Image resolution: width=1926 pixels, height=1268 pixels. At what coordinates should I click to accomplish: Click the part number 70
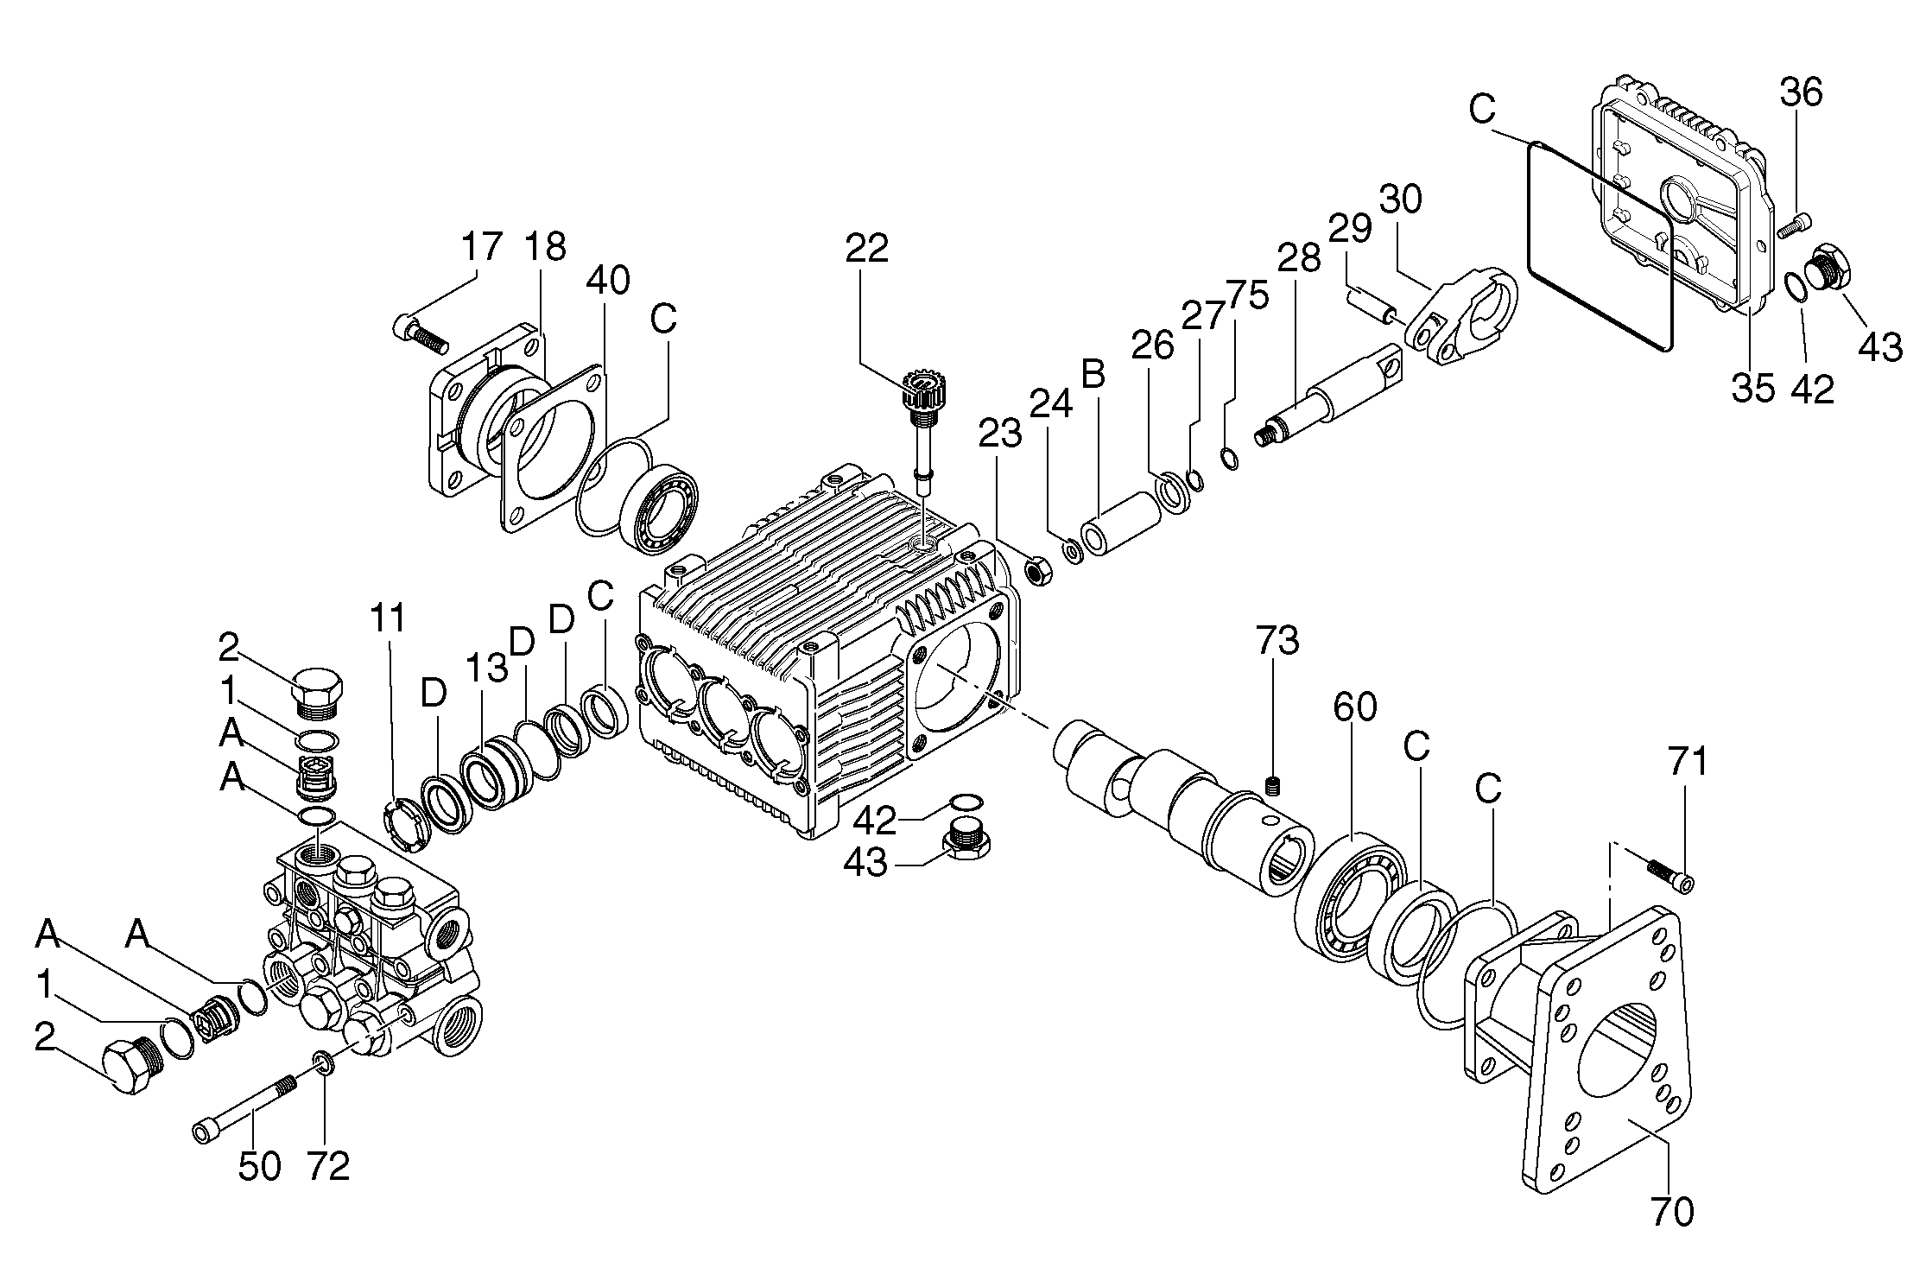(1671, 1212)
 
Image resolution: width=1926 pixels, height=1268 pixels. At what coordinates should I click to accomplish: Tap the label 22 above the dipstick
(867, 249)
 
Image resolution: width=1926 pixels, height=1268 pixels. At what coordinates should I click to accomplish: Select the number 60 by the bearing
(1355, 707)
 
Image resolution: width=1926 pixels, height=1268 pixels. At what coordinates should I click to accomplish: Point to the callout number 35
(1752, 389)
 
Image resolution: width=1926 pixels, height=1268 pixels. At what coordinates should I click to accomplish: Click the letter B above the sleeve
(1093, 375)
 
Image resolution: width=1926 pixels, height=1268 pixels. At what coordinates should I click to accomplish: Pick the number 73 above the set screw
(1277, 642)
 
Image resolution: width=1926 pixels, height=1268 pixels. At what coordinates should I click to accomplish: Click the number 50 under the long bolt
(259, 1167)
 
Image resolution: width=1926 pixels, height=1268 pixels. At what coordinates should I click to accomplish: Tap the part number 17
(480, 248)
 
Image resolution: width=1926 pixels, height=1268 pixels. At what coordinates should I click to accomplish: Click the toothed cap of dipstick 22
(920, 390)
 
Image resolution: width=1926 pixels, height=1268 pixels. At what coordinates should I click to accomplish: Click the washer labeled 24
(1072, 551)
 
